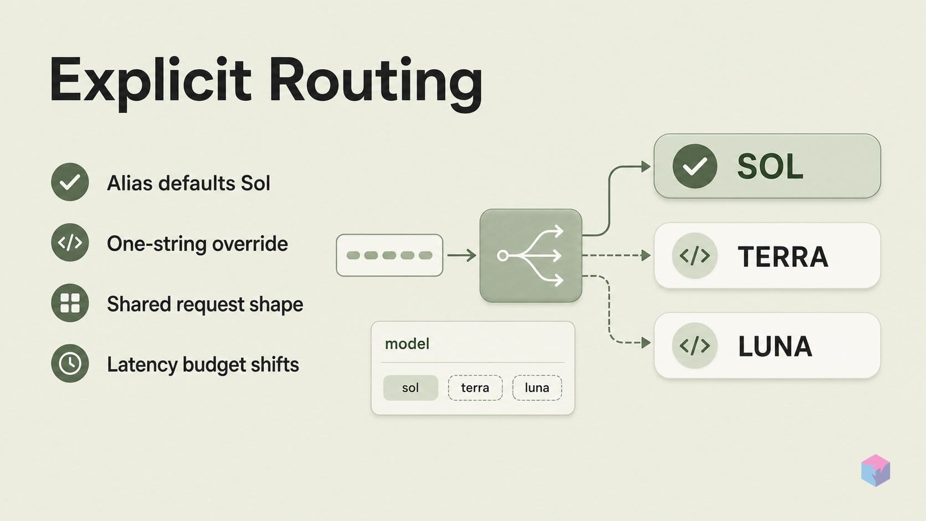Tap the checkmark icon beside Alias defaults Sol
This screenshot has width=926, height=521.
70,182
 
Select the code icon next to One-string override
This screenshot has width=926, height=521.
70,243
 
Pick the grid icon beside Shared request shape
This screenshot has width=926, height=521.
70,303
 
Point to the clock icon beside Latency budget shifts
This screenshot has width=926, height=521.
70,364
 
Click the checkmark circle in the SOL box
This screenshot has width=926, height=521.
695,166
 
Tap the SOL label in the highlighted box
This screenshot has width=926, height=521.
770,167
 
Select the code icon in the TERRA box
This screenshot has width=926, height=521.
695,256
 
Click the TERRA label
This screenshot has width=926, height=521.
783,256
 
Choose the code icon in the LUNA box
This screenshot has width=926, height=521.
695,345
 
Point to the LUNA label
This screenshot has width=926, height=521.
775,346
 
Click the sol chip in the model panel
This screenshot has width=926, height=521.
410,388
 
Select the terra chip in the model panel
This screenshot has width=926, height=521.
475,388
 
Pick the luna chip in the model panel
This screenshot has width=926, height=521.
537,388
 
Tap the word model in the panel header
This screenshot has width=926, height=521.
407,344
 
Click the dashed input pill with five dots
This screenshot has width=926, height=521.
389,255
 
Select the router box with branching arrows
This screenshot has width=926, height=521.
531,256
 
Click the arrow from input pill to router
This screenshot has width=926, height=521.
461,255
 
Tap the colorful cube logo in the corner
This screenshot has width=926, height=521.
876,470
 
